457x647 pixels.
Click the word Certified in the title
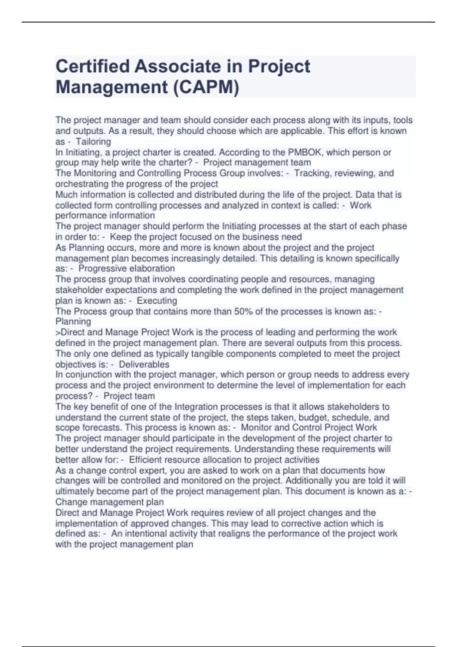(x=91, y=67)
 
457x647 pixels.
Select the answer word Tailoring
(x=93, y=142)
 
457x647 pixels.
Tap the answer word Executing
(x=157, y=301)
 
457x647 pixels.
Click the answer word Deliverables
(x=144, y=364)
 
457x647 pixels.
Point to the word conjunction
(x=88, y=374)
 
